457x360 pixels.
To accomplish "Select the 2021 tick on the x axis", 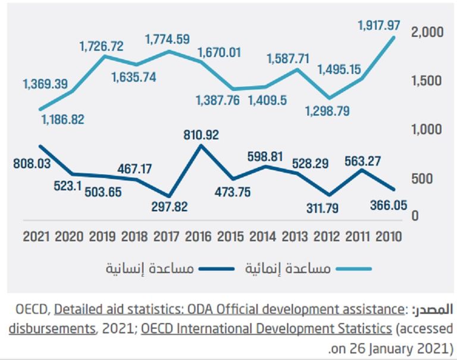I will [37, 236].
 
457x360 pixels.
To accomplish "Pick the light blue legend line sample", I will [353, 268].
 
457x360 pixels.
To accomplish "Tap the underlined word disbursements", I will [50, 328].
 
